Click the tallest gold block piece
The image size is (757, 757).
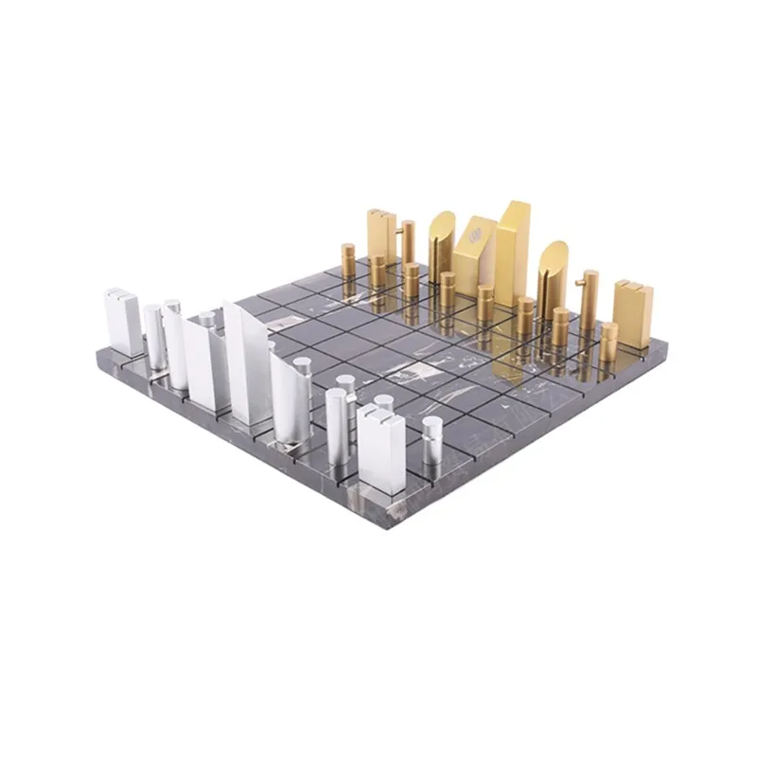pos(512,241)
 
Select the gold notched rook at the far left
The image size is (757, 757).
pos(380,237)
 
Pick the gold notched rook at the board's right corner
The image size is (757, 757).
pos(633,312)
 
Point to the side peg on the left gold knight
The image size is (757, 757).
pos(411,226)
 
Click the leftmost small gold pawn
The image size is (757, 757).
pos(348,261)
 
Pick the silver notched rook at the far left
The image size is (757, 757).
pos(122,322)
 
